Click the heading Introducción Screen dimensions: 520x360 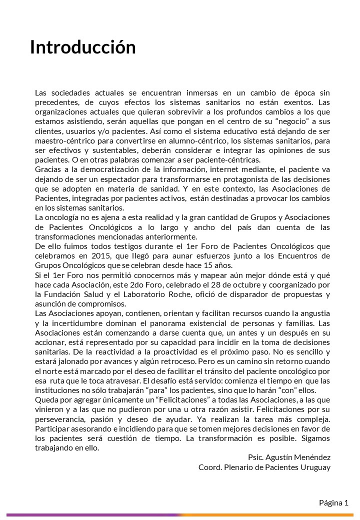(x=83, y=47)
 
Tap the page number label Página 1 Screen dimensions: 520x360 (x=333, y=503)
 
